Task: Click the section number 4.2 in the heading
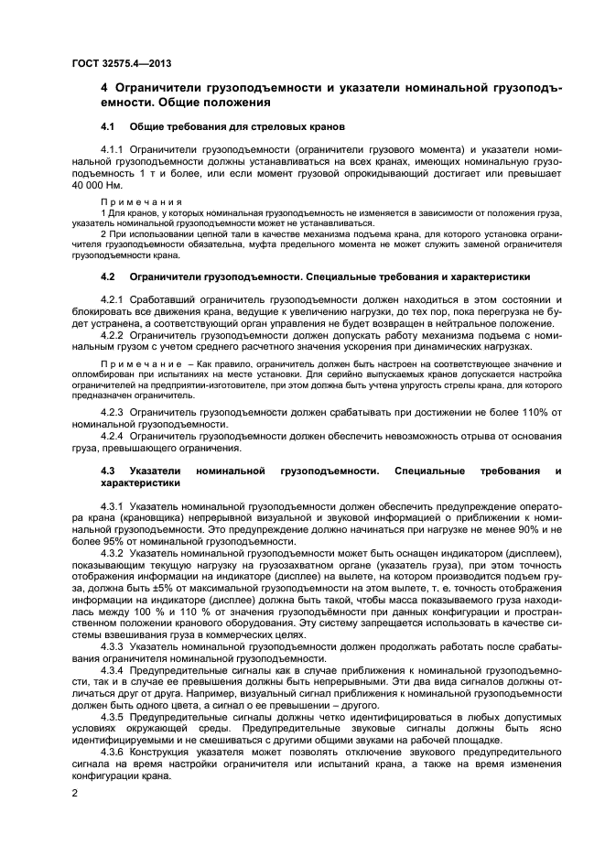107,276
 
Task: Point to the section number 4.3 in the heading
107,470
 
